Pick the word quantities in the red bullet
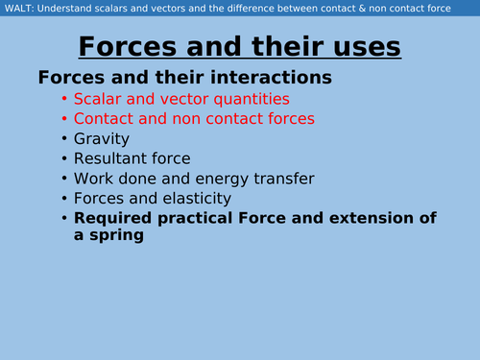pyautogui.click(x=249, y=99)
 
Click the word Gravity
pyautogui.click(x=104, y=139)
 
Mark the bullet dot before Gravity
pyautogui.click(x=64, y=139)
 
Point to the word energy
pyautogui.click(x=222, y=179)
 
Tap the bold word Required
pyautogui.click(x=110, y=218)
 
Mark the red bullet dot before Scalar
pyautogui.click(x=64, y=99)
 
